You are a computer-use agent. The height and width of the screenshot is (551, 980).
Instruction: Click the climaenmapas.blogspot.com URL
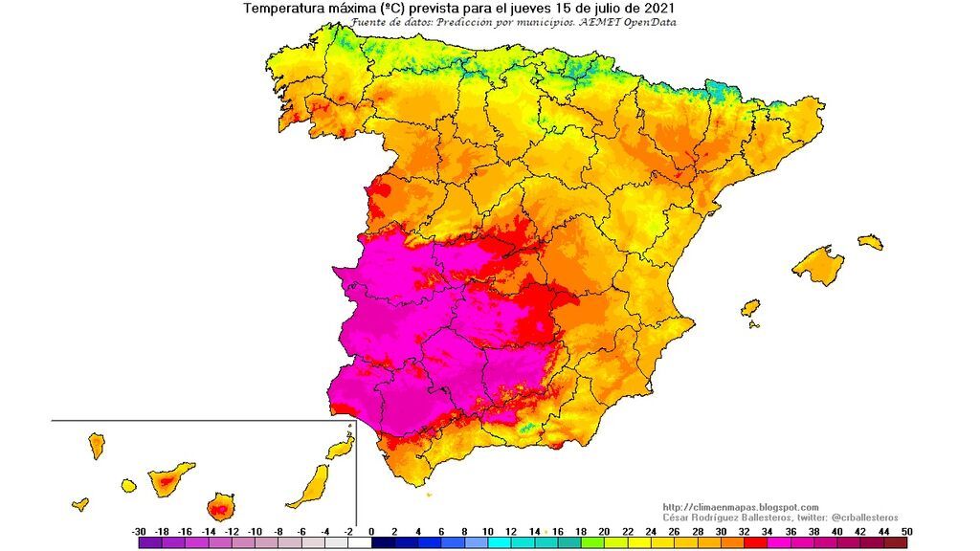[x=740, y=507]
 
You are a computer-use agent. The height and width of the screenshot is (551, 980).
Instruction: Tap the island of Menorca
[x=870, y=242]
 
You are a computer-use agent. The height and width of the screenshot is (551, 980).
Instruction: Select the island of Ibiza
[x=751, y=309]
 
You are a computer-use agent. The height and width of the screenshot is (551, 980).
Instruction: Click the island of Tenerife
[x=169, y=478]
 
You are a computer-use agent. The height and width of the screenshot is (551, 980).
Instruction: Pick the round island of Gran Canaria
[x=222, y=506]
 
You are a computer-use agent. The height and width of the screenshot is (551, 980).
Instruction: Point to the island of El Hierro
[x=80, y=504]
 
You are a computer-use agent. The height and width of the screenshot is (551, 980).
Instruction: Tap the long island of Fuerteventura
[x=311, y=486]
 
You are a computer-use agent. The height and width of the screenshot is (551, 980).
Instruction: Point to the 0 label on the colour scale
[x=370, y=531]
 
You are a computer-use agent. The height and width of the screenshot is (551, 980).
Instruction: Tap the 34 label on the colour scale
[x=767, y=531]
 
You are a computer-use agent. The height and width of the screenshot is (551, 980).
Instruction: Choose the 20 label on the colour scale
[x=604, y=531]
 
